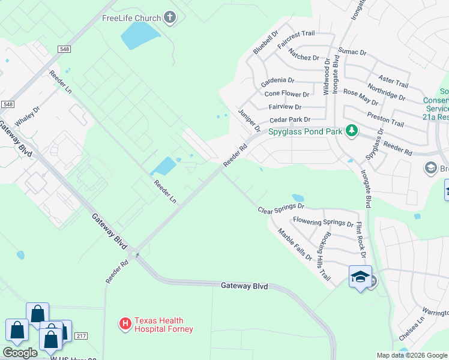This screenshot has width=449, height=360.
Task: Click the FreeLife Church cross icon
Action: (170, 18)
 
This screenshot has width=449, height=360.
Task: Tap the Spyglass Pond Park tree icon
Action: (352, 131)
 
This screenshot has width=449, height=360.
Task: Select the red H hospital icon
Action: (125, 325)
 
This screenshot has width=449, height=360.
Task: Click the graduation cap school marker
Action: (360, 277)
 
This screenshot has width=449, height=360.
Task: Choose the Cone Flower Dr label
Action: (287, 94)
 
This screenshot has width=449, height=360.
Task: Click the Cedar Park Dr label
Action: (290, 120)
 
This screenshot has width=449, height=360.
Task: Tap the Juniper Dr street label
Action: (249, 121)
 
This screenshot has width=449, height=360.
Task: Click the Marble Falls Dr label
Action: (295, 244)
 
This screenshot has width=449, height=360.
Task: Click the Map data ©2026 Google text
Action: (411, 355)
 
